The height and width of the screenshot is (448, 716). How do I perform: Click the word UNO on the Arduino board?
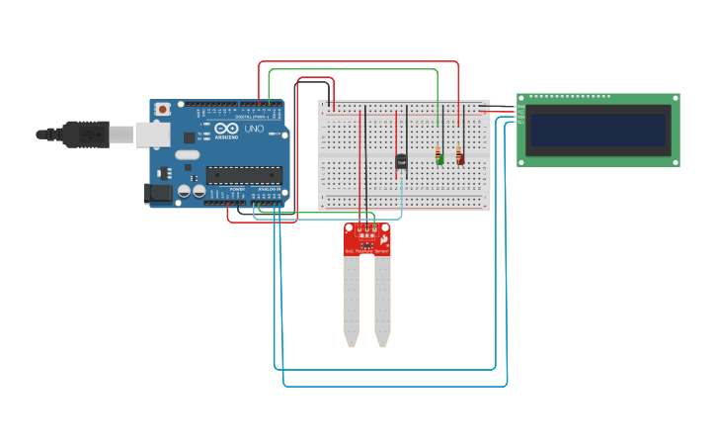coord(254,130)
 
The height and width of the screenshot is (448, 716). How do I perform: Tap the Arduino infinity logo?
coord(226,130)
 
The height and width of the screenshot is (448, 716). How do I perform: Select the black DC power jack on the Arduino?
coord(157,194)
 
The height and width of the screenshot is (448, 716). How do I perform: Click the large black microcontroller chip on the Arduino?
coord(244,176)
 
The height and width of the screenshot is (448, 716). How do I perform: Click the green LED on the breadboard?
coord(440,159)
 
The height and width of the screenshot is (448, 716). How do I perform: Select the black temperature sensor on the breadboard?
coord(401,161)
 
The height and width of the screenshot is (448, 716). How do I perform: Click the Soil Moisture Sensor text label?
coord(366,252)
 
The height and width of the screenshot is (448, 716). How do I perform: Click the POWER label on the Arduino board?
coord(237,189)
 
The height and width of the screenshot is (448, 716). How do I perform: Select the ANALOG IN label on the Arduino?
coord(268,189)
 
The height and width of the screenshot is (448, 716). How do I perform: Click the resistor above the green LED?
coord(438,151)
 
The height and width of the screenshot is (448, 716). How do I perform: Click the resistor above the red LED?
coord(458,151)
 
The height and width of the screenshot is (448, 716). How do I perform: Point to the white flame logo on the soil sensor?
coord(383,239)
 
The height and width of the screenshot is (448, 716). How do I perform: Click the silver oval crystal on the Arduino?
coord(187,155)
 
